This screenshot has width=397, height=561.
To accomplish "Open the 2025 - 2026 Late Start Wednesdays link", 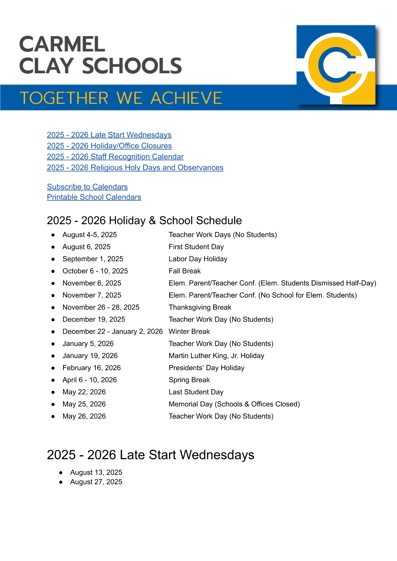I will pos(109,135).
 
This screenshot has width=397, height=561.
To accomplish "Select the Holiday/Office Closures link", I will pos(109,146).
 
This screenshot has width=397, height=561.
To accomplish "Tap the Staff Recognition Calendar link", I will pos(115,157).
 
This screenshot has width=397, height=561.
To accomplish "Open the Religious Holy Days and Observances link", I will pos(135,168).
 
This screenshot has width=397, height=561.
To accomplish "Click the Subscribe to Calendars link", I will pos(87,187).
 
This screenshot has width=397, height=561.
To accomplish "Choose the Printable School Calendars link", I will pos(94,197).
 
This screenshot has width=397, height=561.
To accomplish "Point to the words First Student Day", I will pos(196,247).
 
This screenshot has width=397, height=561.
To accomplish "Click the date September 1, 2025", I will pos(93,259).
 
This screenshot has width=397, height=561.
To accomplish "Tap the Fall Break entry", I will pos(185,271).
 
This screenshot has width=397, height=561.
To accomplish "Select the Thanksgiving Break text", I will pos(200,307).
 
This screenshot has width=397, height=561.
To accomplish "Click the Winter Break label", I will pos(189,331).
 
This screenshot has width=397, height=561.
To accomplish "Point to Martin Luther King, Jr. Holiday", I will pos(216,356).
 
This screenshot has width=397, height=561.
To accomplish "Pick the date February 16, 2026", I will pos(91,368).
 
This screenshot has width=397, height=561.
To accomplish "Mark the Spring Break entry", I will pos(189,380).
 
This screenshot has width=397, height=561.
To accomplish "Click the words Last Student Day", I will pos(196,392).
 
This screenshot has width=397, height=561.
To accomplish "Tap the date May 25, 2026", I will pos(84,404).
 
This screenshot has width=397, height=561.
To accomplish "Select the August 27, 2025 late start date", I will pos(96,482).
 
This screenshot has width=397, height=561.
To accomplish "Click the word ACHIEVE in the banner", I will pos(186,98).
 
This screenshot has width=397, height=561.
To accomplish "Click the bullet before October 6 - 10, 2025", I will pos(53,271).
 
